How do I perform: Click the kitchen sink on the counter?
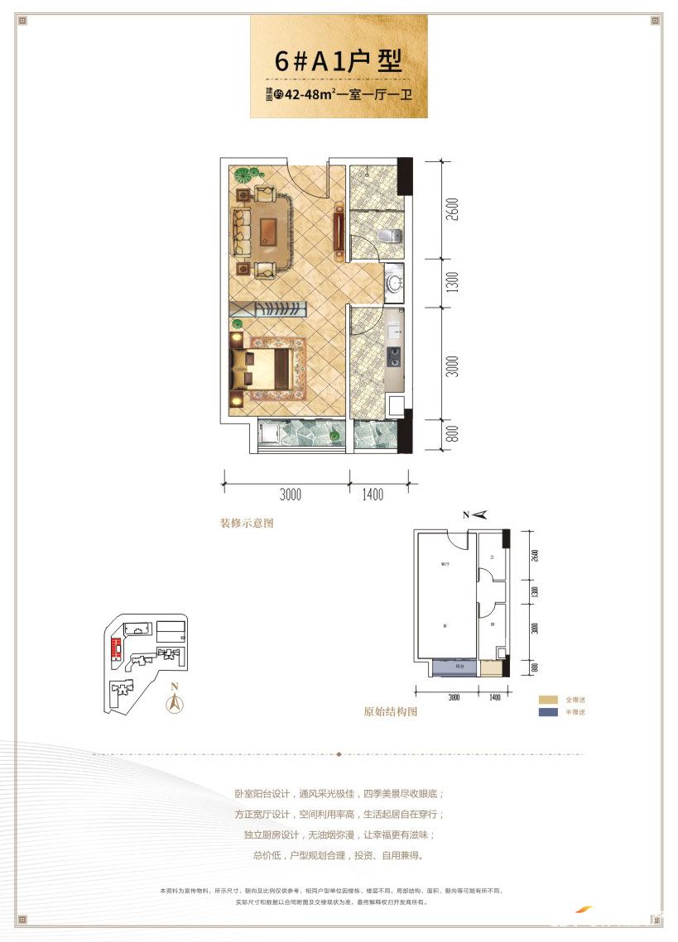395,329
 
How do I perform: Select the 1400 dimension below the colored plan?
373,495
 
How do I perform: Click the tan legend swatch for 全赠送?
547,700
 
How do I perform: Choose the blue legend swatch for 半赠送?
547,712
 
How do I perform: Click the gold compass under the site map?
175,704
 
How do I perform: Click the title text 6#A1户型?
339,61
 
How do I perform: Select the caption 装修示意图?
246,524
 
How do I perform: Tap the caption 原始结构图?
391,711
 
